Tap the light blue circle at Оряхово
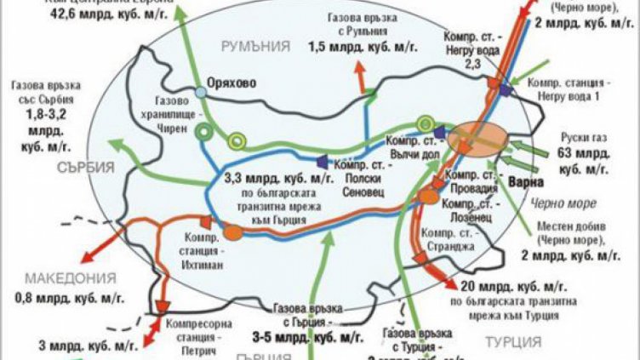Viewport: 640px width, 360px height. point(201,91)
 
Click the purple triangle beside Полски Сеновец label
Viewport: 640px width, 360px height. point(322,160)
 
